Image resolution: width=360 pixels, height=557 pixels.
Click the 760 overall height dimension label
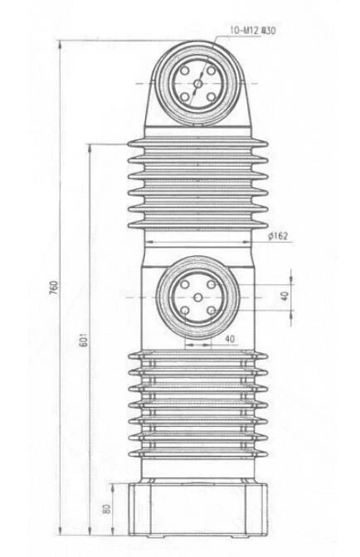click(54, 288)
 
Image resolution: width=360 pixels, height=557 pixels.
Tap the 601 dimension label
click(82, 340)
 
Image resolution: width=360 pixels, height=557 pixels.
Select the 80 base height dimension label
click(106, 509)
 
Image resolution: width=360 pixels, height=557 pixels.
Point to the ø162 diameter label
click(278, 236)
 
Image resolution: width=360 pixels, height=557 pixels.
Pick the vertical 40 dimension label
click(285, 296)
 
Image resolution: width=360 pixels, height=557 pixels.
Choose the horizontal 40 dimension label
click(230, 339)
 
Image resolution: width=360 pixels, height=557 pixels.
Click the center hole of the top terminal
click(198, 84)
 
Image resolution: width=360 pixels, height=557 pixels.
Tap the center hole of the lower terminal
click(198, 298)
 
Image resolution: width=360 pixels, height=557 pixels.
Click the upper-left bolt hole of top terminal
click(185, 70)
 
